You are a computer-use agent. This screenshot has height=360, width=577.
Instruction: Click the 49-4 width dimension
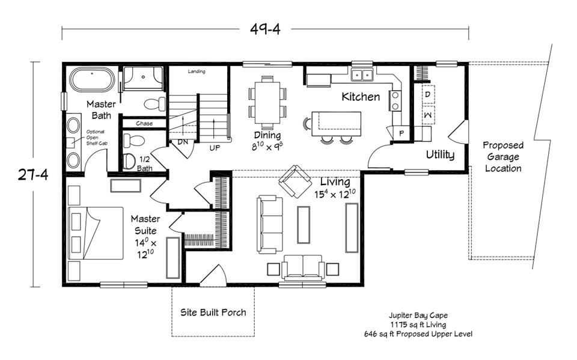pyautogui.click(x=265, y=28)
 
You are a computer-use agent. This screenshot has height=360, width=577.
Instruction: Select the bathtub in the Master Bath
pyautogui.click(x=92, y=80)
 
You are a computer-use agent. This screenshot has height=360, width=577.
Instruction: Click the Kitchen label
pyautogui.click(x=361, y=97)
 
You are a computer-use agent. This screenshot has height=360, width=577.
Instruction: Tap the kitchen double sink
pyautogui.click(x=362, y=75)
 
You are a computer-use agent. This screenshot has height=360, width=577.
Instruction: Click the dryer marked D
pyautogui.click(x=427, y=95)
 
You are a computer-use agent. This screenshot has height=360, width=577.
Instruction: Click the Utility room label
pyautogui.click(x=440, y=155)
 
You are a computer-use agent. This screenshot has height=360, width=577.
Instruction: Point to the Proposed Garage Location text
pyautogui.click(x=503, y=157)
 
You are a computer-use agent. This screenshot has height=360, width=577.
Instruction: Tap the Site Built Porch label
pyautogui.click(x=213, y=313)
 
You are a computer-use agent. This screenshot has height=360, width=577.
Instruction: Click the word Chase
pyautogui.click(x=144, y=123)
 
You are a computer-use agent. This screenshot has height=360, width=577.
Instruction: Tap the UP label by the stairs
pyautogui.click(x=215, y=147)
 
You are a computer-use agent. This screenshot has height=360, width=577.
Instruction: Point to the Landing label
pyautogui.click(x=197, y=72)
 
